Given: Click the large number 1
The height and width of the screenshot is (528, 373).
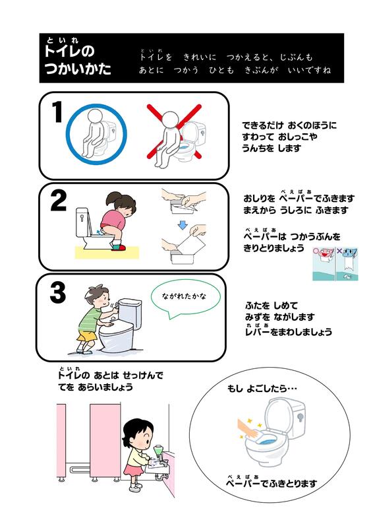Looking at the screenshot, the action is coord(57,112).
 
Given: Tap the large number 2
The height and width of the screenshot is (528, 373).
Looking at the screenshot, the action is coord(58,201).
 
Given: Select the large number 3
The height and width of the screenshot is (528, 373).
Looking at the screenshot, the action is coord(57,292).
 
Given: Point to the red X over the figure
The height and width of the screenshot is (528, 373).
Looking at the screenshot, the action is coord(174,131).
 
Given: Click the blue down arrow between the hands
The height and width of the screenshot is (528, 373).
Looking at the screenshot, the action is coord(182,225).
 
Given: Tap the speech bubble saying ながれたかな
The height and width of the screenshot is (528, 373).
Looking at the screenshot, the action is coord(185,299).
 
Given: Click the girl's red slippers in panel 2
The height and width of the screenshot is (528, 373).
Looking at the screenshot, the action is coord(119,247).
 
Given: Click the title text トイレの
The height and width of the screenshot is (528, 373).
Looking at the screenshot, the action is coord(69,51).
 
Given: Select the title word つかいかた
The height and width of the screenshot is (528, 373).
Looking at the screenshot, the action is coord(78,69).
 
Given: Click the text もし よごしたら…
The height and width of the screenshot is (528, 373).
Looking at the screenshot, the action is coord(262,389).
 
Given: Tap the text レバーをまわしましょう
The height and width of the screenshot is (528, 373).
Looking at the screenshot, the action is coord(289,332).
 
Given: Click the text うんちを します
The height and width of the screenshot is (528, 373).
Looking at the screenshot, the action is coord(272,148).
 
